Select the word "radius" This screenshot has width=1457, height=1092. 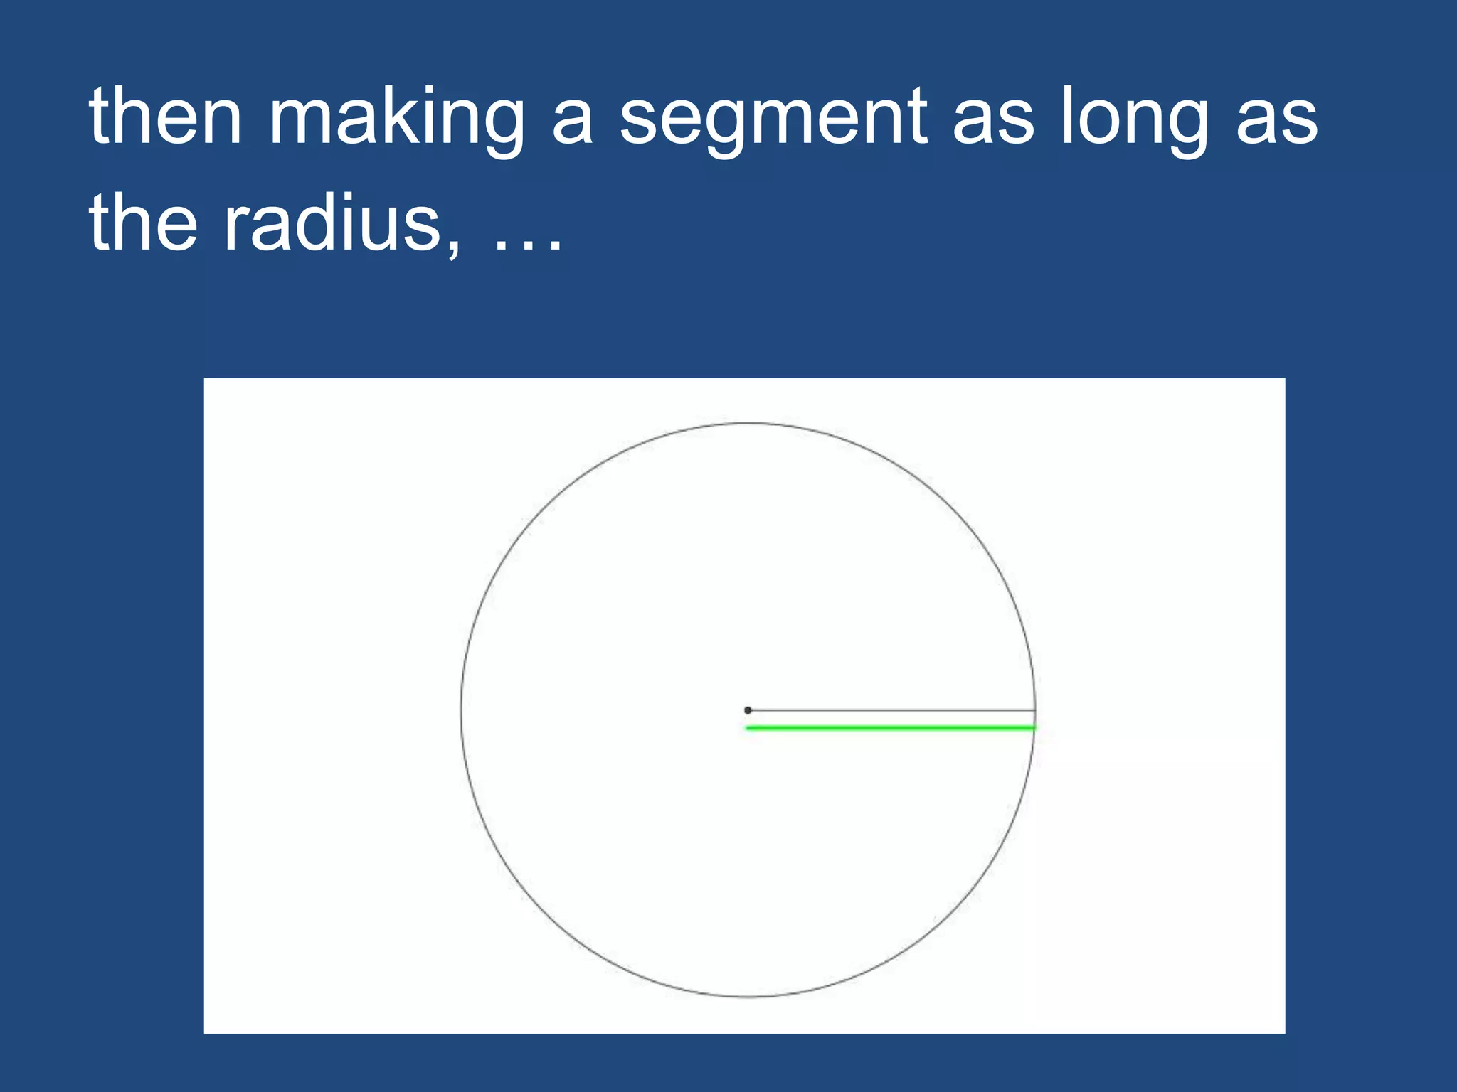pyautogui.click(x=333, y=223)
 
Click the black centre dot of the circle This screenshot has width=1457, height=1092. pyautogui.click(x=748, y=710)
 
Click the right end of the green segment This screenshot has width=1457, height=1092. pyautogui.click(x=1034, y=728)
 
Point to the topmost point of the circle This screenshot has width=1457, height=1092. pyautogui.click(x=748, y=424)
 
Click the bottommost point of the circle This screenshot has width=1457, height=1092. pyautogui.click(x=748, y=997)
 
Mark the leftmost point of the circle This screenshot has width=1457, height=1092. pyautogui.click(x=461, y=710)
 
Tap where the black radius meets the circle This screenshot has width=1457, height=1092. pyautogui.click(x=1035, y=710)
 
